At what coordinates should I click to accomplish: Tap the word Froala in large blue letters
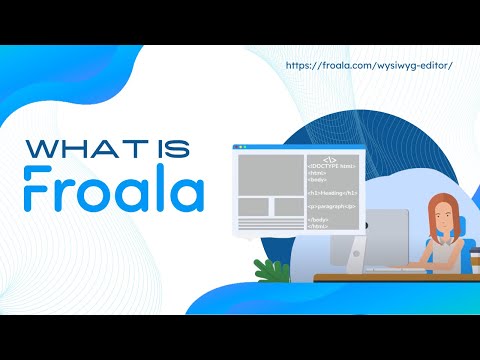click(114, 190)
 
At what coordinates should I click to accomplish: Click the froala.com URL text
click(369, 65)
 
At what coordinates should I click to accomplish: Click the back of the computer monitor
click(369, 234)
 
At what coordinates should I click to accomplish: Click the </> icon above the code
click(331, 157)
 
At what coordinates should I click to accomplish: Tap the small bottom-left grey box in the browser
click(252, 206)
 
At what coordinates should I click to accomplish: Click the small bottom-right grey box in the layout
click(288, 206)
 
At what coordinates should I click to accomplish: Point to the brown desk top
click(390, 277)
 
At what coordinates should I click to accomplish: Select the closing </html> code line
click(319, 227)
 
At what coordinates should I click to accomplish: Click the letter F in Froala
click(37, 190)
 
